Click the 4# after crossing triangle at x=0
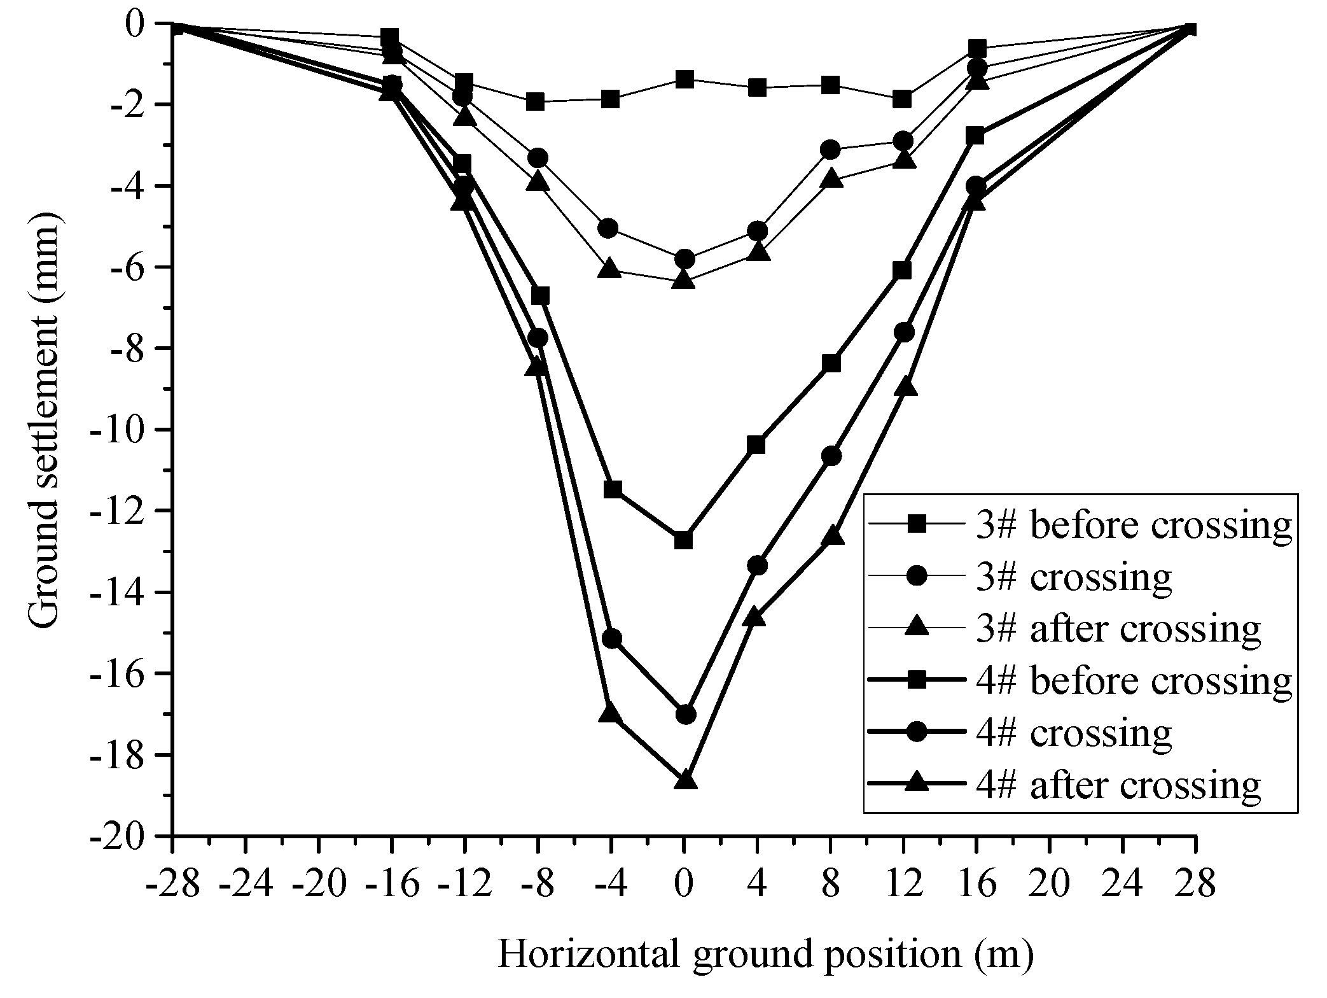pos(684,780)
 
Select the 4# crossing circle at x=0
pos(684,714)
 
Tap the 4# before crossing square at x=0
pos(684,540)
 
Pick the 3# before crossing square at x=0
pos(684,80)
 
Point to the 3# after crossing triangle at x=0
pos(684,279)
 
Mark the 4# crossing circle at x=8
pos(831,456)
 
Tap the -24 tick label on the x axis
pos(246,885)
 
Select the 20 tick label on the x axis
pos(1049,885)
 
